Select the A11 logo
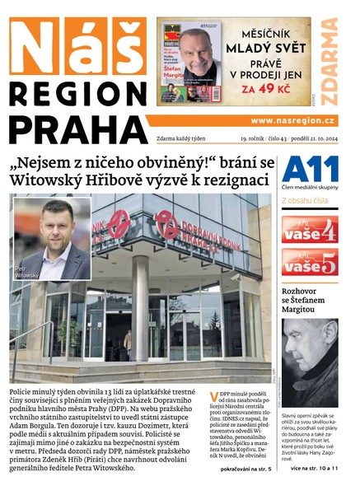(310, 170)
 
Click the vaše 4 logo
(309, 228)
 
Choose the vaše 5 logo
(309, 264)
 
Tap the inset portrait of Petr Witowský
(52, 238)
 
